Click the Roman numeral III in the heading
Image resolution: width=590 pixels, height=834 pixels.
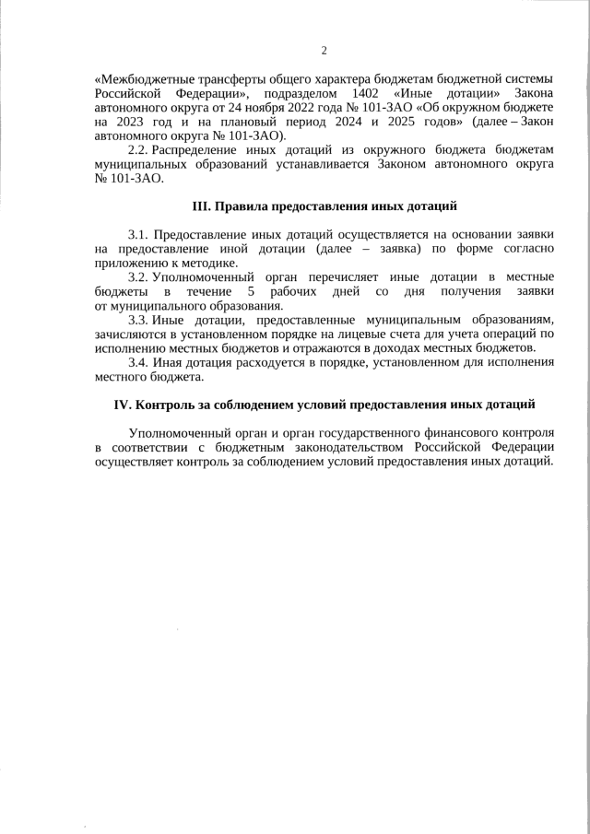tap(201, 206)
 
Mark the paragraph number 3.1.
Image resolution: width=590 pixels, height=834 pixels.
tap(138, 236)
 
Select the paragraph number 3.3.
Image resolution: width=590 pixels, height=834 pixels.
tap(138, 319)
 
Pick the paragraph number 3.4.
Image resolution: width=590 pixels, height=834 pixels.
tap(138, 361)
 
